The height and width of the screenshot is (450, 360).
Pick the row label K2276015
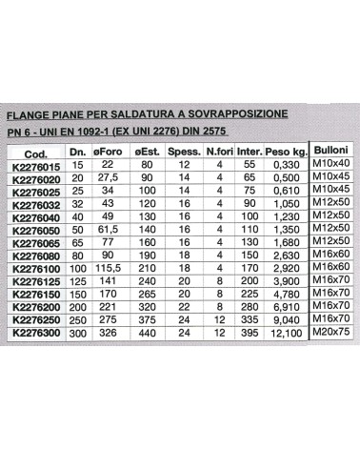point(37,166)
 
